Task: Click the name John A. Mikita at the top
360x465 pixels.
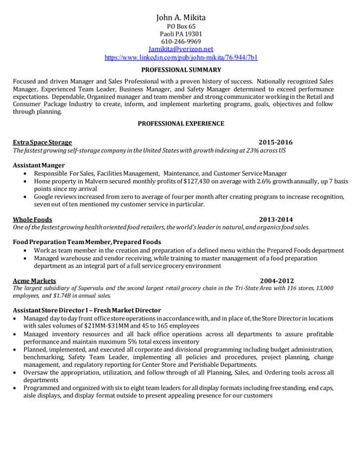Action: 181,17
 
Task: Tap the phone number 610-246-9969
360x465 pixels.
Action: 181,41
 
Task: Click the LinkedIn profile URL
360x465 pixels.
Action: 181,57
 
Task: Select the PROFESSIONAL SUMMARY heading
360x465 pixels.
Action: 181,69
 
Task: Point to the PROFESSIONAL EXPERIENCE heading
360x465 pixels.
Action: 181,124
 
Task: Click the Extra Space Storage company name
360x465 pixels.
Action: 42,142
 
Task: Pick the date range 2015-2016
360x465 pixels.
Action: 276,142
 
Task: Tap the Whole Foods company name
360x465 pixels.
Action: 33,219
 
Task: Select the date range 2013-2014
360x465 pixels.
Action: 276,219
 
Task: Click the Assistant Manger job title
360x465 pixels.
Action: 39,166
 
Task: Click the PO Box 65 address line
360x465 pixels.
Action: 181,26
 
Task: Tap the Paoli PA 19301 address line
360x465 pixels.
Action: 181,34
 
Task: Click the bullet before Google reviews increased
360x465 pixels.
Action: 27,197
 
